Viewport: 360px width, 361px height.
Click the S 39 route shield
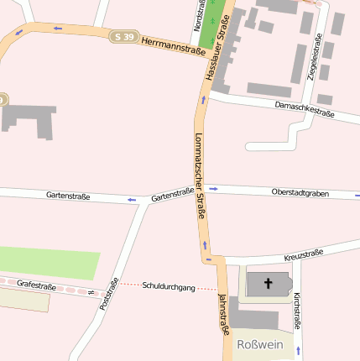(x=122, y=37)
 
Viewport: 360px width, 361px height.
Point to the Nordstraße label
(x=197, y=17)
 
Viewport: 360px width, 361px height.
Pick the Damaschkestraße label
(x=305, y=110)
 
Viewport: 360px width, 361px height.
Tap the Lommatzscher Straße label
(x=201, y=175)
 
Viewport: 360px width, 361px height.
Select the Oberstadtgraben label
(x=300, y=193)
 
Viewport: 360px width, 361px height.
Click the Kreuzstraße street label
(x=304, y=254)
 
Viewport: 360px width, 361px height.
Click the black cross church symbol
(x=269, y=284)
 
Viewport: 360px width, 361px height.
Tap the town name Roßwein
(x=261, y=345)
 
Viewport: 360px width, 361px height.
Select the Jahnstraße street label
(x=223, y=315)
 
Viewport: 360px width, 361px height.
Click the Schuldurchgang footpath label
(x=169, y=287)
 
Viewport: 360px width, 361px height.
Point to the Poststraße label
(x=109, y=295)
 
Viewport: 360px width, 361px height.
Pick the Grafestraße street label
(x=36, y=286)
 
